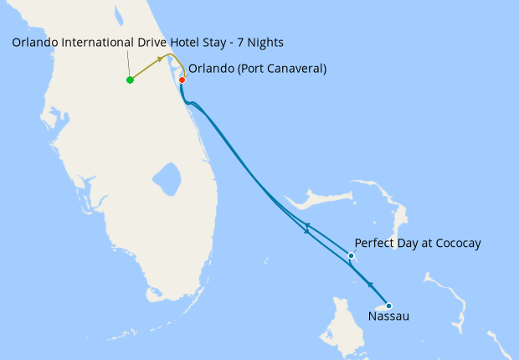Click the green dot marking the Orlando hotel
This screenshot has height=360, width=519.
tap(130, 80)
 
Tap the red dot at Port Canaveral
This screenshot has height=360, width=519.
tap(182, 80)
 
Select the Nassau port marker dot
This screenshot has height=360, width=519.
tap(388, 306)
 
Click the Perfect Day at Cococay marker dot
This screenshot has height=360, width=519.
tap(350, 255)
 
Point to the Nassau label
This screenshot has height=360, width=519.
tap(389, 316)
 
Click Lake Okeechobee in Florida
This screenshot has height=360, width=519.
tap(167, 177)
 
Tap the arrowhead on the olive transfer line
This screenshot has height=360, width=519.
tap(160, 60)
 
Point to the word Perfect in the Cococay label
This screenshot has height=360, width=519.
tap(374, 244)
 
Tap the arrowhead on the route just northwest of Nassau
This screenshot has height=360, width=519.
tap(369, 285)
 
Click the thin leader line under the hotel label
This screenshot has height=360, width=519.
tap(129, 64)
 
